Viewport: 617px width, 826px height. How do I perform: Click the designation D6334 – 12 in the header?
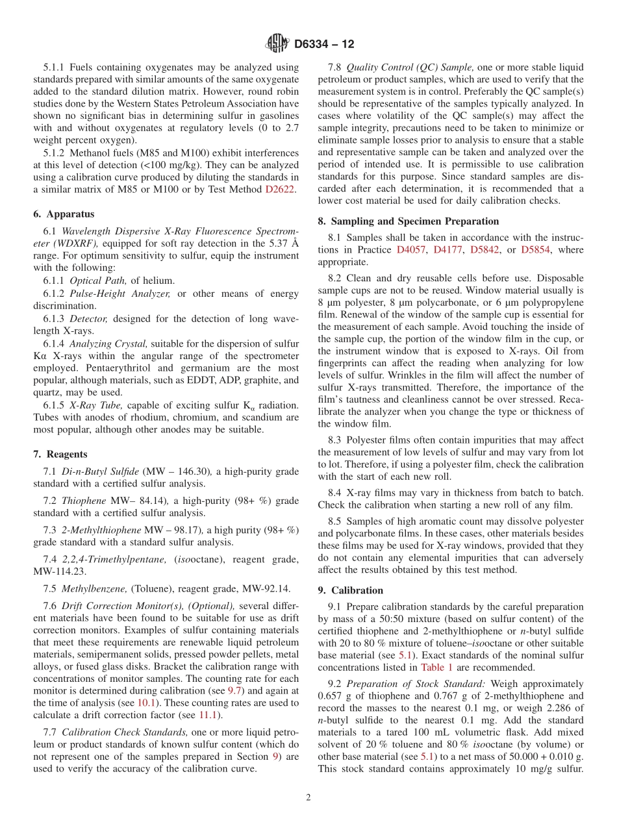tap(324, 45)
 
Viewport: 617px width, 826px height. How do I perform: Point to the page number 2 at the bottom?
tap(308, 797)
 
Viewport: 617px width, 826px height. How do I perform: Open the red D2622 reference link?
tap(280, 189)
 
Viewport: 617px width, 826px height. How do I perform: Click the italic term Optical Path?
tap(97, 281)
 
